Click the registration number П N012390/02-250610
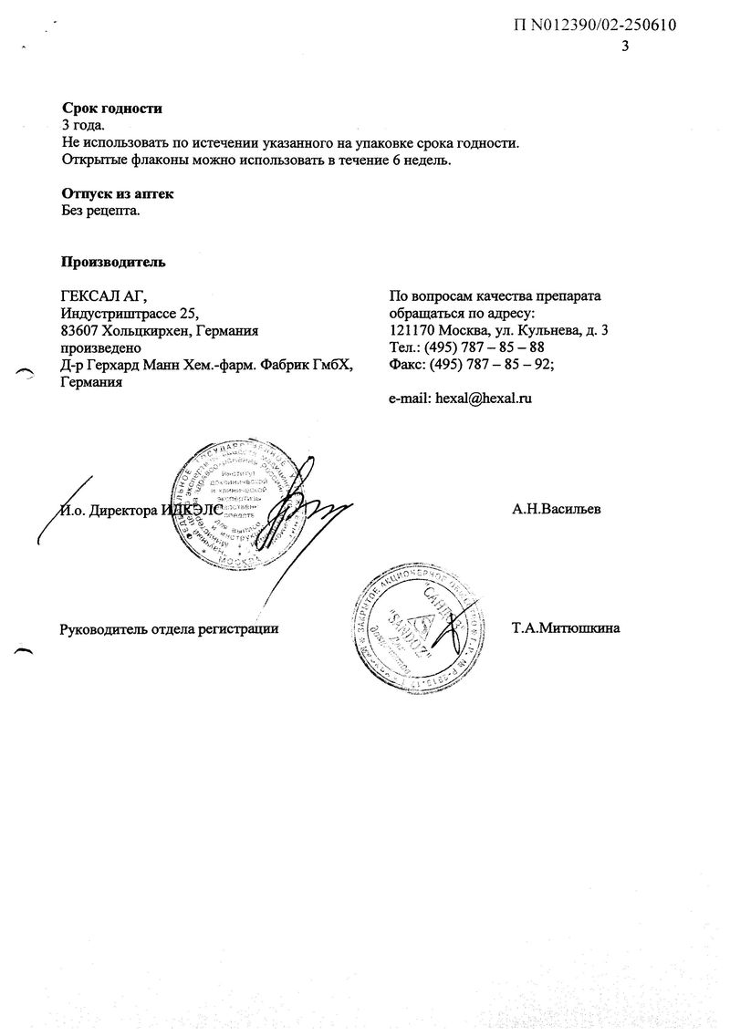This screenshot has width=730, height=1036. point(595,26)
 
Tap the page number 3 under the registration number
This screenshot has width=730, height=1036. point(625,47)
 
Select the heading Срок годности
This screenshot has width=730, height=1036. point(111,109)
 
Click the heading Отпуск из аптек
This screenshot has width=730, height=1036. point(117,194)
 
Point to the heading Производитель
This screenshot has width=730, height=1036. point(113,263)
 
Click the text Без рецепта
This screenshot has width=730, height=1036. point(100,211)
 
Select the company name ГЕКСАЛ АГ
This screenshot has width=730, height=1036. point(102,296)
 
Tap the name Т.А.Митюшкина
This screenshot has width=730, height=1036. point(567,627)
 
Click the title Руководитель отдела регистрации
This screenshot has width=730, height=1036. point(168,628)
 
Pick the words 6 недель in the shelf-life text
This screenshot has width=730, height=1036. point(422,161)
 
